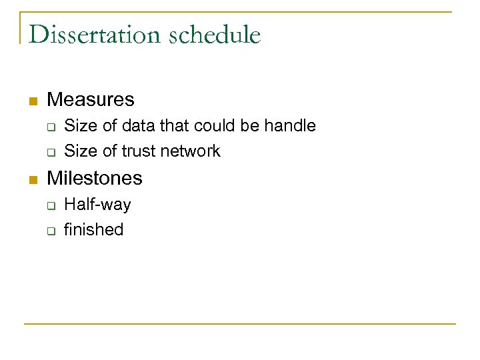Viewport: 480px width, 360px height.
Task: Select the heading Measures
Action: [91, 100]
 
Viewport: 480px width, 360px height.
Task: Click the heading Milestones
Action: [95, 178]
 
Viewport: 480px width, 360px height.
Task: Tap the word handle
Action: [292, 125]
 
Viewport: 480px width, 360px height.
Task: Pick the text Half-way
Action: [97, 204]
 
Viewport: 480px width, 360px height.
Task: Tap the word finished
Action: [94, 230]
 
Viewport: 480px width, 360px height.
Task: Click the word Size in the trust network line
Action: [81, 151]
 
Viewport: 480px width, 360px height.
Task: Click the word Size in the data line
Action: [81, 125]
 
